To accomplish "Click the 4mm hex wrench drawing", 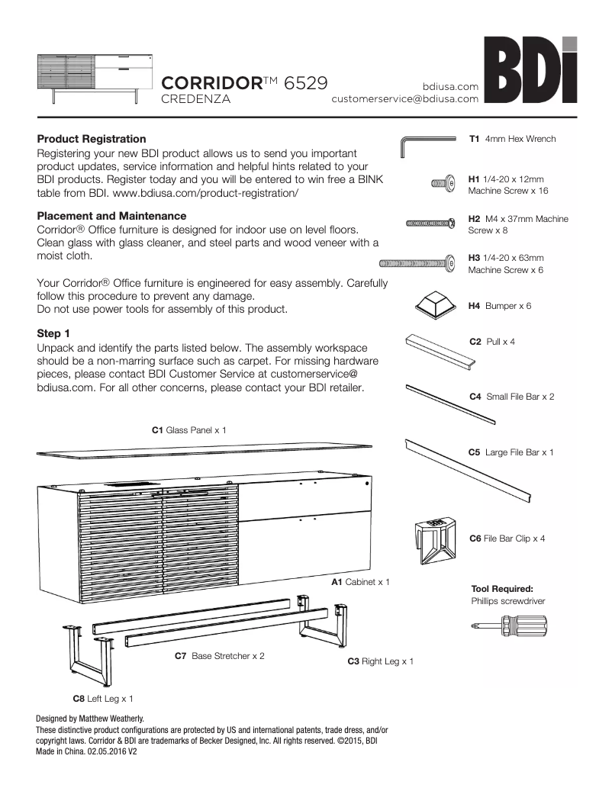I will pos(428,142).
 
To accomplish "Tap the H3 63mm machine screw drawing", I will pos(413,264).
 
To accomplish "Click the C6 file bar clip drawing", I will pos(436,541).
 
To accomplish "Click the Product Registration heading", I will pos(92,139).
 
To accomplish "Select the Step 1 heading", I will pos(53,334).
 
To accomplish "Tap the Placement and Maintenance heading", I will pos(111,216).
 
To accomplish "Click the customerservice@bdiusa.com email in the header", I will pos(404,98).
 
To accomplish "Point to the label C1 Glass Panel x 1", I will pos(189,430).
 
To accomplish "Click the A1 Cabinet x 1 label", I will pos(360,582).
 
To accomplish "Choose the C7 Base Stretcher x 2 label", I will pos(220,656).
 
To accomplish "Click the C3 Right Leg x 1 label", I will pos(380,661).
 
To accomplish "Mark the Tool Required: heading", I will pos(501,589).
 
